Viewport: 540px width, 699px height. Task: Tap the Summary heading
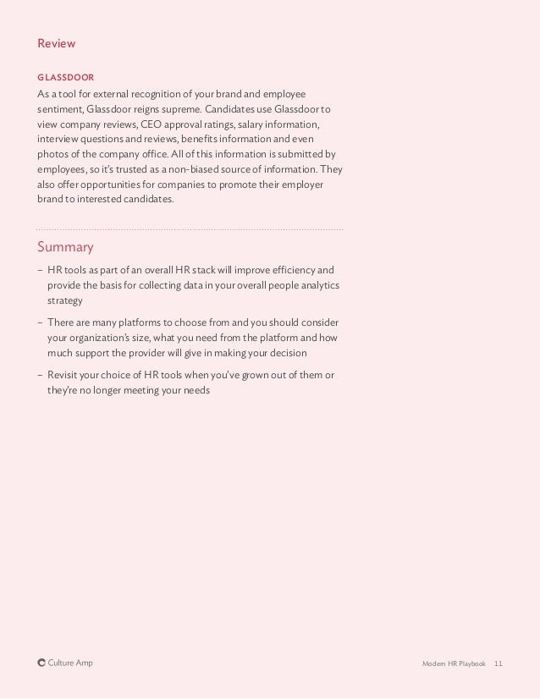(x=65, y=247)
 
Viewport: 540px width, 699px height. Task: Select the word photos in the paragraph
(x=52, y=154)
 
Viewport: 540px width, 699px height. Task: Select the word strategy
(x=64, y=300)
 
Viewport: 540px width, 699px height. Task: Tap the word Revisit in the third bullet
(x=65, y=374)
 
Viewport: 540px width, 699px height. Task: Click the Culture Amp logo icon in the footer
(x=41, y=663)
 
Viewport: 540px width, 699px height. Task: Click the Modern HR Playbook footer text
(x=454, y=664)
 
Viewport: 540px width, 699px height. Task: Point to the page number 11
(x=498, y=664)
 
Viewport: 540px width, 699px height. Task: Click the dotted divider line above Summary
(x=190, y=228)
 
